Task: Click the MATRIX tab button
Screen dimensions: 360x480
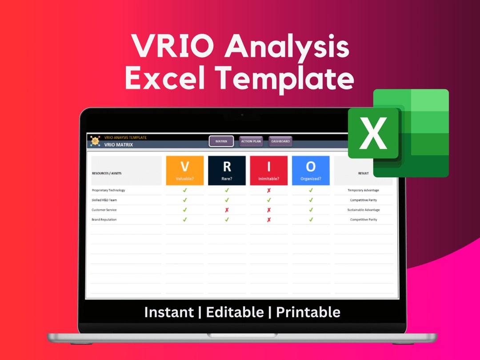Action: tap(221, 141)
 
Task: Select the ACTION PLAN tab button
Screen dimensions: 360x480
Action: tap(251, 141)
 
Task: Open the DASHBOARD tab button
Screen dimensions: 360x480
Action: tap(280, 141)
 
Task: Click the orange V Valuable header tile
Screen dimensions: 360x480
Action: tap(185, 170)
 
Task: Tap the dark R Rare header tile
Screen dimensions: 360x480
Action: tap(227, 170)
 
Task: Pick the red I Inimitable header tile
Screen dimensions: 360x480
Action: tap(268, 170)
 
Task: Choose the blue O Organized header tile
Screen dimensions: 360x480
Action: tap(311, 170)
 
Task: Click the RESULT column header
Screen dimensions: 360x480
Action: tap(363, 173)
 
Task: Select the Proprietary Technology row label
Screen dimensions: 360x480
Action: tap(108, 190)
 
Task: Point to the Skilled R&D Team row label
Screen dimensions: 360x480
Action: tap(104, 200)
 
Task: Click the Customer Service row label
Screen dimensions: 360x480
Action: tap(104, 210)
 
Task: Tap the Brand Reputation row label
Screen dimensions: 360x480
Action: tap(104, 220)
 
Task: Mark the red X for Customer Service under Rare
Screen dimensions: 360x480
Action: tap(227, 210)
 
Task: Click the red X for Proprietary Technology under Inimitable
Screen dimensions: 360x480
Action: tap(268, 190)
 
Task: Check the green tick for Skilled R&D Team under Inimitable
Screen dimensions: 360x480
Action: tap(268, 200)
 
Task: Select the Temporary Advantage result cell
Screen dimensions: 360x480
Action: tap(363, 190)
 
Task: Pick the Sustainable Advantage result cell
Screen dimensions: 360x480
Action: tap(363, 210)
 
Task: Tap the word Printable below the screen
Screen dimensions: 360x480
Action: tap(308, 312)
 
